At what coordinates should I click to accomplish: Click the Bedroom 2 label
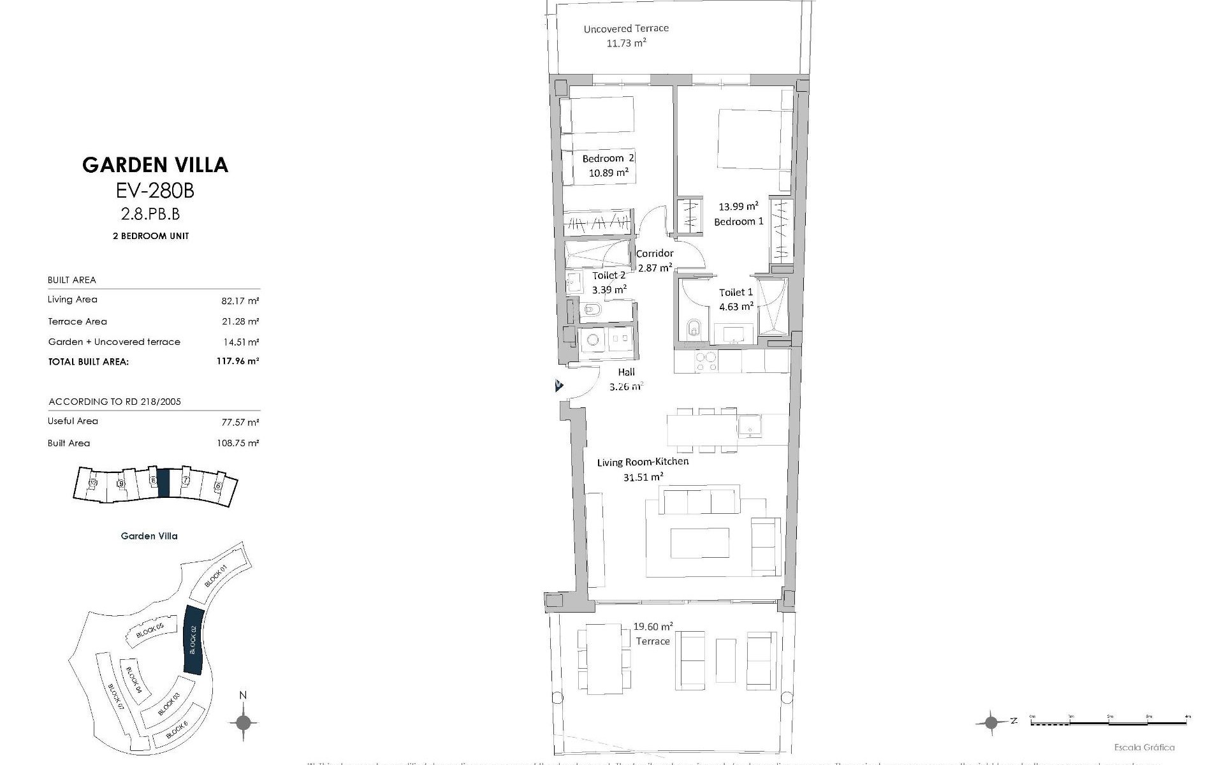click(608, 158)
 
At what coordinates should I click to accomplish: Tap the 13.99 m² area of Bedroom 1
click(738, 207)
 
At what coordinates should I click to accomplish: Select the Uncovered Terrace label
click(626, 29)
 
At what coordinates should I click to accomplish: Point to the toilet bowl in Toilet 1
click(694, 330)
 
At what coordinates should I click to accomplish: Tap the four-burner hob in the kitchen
click(706, 361)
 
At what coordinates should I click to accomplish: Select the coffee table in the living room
click(699, 543)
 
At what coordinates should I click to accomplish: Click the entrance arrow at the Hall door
click(559, 386)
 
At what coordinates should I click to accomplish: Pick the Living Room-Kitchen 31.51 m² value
click(643, 477)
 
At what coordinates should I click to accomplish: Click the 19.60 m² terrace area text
click(653, 627)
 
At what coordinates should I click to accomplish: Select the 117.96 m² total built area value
click(237, 361)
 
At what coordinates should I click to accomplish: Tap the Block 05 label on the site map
click(150, 631)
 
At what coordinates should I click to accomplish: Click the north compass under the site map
click(243, 723)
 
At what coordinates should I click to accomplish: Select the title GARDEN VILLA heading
click(155, 165)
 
